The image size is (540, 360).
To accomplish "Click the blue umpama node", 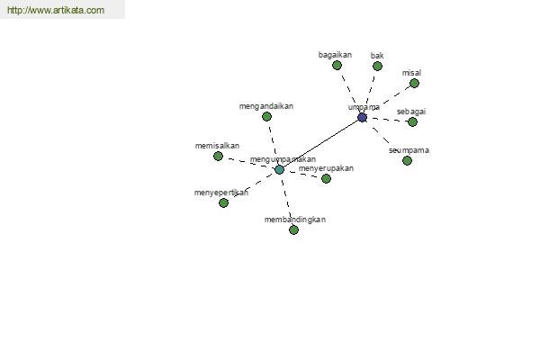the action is (x=362, y=118).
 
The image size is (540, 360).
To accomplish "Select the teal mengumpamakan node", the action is (x=279, y=169).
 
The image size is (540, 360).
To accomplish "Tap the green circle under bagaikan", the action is (x=337, y=65).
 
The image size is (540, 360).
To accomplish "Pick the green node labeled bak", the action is (x=377, y=66).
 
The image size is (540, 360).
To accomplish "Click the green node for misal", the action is (x=414, y=83).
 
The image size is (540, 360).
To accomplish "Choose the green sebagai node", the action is (x=412, y=122).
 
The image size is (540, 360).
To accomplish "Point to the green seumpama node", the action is (x=407, y=160).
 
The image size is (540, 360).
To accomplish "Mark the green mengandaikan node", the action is (x=266, y=116).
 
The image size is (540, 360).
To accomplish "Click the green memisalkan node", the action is (x=218, y=156).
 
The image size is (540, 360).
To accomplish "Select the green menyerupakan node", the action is (x=326, y=178).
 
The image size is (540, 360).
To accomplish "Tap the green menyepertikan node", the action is (x=223, y=202).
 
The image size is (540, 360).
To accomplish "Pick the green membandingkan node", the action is (x=293, y=229).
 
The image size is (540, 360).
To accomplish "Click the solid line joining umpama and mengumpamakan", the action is (x=320, y=144).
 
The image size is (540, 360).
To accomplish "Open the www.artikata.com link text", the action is (x=56, y=10).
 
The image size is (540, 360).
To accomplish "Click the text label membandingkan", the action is (x=295, y=220).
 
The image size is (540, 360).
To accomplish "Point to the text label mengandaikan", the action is (x=266, y=106).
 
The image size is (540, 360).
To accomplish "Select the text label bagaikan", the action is (x=335, y=55).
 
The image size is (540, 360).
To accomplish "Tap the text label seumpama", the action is (x=409, y=150).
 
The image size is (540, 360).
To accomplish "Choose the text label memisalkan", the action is (x=217, y=146).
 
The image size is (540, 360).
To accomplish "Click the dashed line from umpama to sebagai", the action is (x=387, y=120).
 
